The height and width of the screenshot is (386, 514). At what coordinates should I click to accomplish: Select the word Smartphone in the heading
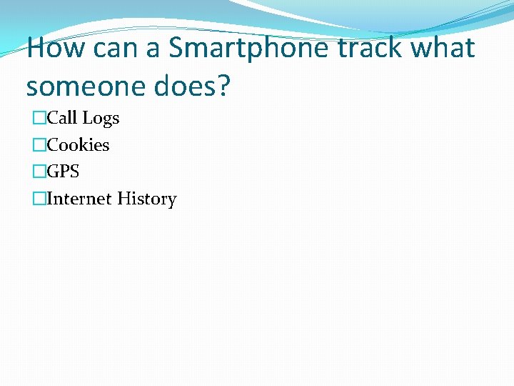coord(250,49)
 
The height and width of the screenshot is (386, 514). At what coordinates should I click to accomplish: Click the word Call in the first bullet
coord(62,118)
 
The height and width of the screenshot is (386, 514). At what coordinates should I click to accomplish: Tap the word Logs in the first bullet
coord(101,118)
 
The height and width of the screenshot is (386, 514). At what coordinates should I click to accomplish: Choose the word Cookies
coord(78,145)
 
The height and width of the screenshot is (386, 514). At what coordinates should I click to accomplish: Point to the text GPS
coord(63,172)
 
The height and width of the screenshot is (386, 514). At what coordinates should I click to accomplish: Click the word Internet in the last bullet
coord(79,199)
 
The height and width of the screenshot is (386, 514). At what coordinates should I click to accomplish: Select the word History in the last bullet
coord(146,199)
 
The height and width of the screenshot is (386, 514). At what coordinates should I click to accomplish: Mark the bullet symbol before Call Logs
coord(39,118)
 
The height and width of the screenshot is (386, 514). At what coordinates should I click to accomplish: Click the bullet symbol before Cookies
coord(39,145)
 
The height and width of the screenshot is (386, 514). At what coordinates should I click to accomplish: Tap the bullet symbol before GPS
coord(39,172)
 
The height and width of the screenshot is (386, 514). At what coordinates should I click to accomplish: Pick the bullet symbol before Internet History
coord(39,199)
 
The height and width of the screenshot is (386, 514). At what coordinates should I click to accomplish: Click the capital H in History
coord(124,199)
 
